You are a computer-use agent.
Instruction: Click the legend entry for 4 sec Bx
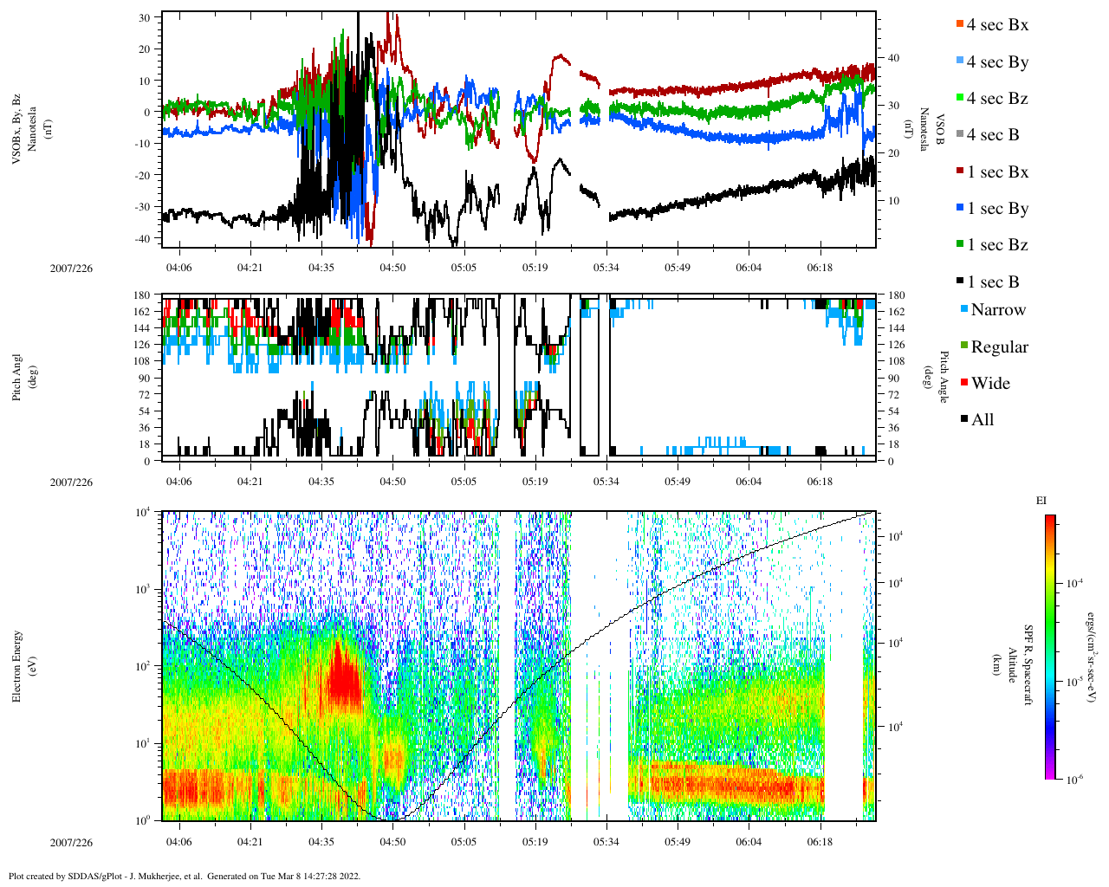click(x=997, y=25)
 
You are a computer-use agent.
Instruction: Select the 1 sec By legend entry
click(x=997, y=209)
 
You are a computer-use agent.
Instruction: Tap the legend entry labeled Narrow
click(x=997, y=310)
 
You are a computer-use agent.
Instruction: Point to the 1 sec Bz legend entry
click(x=997, y=245)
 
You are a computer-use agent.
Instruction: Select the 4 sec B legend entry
click(x=993, y=135)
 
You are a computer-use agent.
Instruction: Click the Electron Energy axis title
click(x=17, y=665)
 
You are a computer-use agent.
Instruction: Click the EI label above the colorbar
click(x=1041, y=501)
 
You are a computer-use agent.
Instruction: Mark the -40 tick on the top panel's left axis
click(x=145, y=238)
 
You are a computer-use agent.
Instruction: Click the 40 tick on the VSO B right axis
click(x=892, y=58)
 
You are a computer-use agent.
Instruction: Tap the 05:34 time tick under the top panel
click(x=606, y=268)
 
